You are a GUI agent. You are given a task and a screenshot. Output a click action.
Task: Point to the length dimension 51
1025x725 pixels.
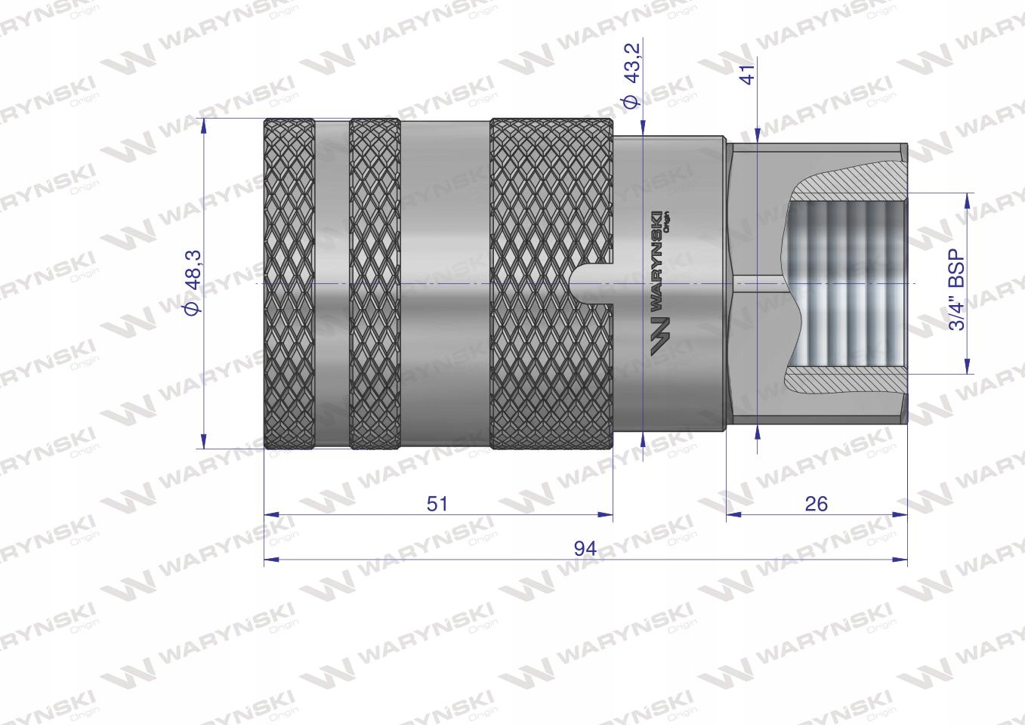437,503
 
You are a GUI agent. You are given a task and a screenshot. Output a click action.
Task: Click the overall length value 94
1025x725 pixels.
585,548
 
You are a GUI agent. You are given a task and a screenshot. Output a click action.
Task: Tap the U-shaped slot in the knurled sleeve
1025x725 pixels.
593,283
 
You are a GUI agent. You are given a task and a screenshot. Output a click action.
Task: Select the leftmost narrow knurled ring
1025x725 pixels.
289,283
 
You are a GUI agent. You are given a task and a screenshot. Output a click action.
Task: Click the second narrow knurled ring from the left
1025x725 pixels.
375,283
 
